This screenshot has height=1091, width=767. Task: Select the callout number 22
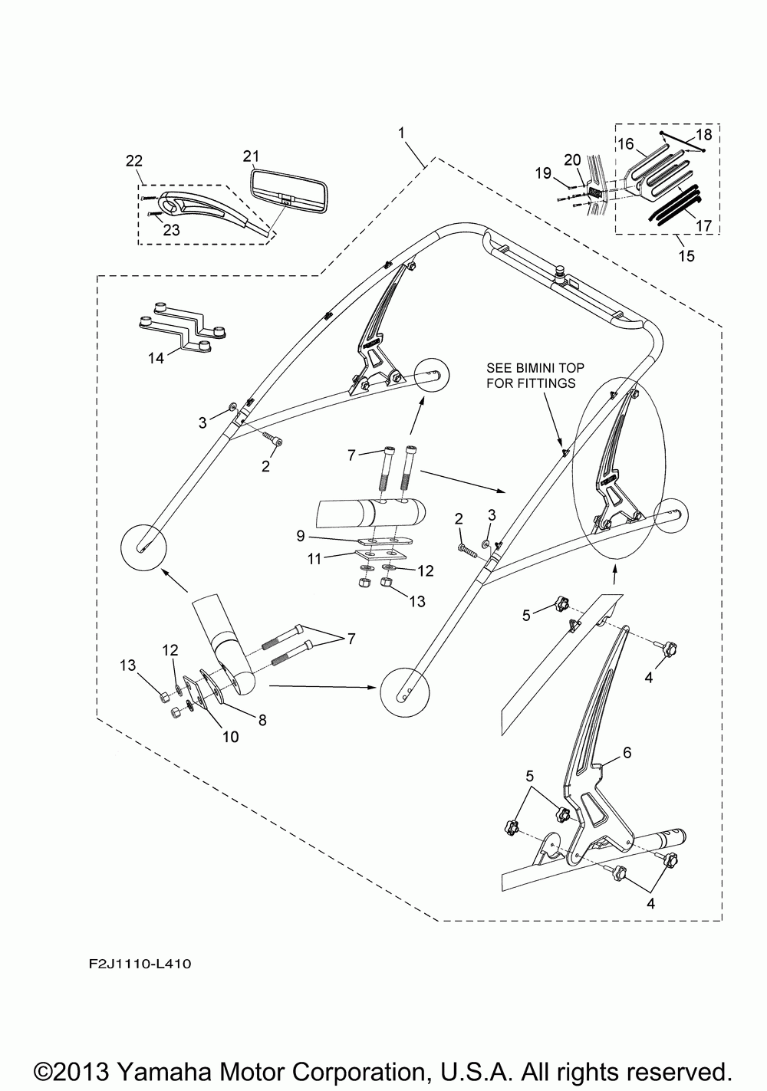(133, 160)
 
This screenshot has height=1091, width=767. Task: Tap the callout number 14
(156, 358)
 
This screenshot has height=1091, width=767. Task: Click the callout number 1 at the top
(401, 133)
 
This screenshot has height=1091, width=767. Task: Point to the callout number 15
(686, 255)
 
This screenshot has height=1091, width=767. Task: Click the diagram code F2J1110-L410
(133, 961)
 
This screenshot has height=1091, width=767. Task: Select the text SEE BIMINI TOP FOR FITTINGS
(531, 376)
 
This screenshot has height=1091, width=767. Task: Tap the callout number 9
(301, 534)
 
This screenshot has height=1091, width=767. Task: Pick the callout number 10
(230, 737)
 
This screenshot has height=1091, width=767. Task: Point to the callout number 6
(627, 754)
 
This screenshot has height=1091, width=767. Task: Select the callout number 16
(625, 143)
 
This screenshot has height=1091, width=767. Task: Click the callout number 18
(703, 135)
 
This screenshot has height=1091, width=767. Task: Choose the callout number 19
(542, 173)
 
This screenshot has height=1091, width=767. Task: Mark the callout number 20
(572, 159)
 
